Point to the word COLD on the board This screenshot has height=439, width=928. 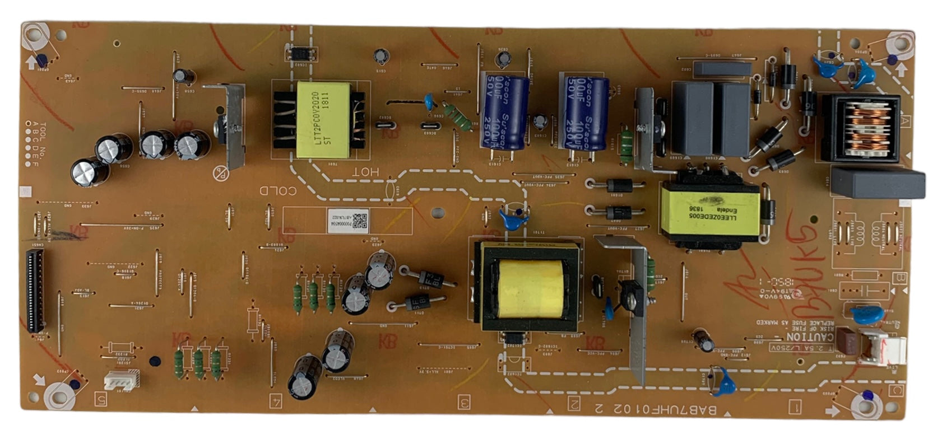pyautogui.click(x=277, y=191)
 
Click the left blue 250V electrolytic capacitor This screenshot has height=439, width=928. pyautogui.click(x=503, y=112)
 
